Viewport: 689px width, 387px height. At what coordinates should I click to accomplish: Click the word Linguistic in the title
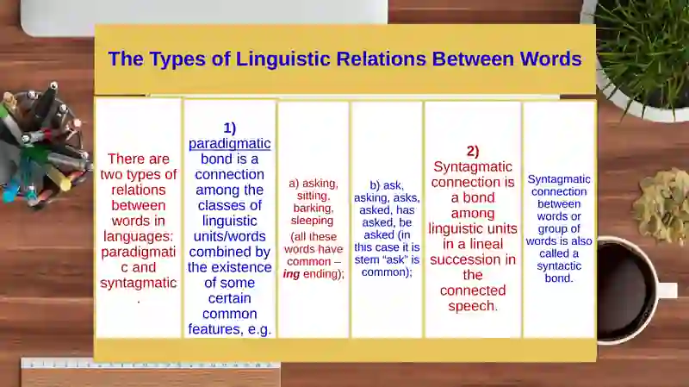[282, 59]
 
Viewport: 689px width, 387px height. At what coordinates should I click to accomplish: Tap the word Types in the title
[177, 59]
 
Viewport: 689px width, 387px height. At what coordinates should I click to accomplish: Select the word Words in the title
[551, 59]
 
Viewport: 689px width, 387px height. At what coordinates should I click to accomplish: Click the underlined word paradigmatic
[229, 144]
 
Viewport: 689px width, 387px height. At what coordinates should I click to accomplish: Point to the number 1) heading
[229, 128]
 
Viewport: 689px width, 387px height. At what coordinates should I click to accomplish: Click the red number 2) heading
[472, 152]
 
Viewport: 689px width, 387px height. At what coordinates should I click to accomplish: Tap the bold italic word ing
[291, 274]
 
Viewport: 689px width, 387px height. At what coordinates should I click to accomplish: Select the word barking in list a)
[313, 208]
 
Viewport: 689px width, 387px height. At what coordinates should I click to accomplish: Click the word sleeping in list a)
[312, 221]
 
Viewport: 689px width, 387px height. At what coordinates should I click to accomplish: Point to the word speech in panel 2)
[472, 306]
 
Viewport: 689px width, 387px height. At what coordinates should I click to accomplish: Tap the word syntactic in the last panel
[559, 266]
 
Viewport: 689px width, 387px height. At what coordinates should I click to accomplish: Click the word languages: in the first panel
[139, 237]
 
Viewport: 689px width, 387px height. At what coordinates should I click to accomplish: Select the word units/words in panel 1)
[229, 236]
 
